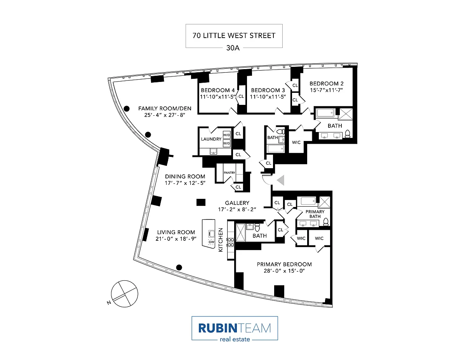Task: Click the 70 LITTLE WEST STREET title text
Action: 234,35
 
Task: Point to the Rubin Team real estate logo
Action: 235,329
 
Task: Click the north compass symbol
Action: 124,292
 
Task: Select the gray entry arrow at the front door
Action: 280,180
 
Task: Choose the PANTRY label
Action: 229,173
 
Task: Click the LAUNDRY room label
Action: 211,139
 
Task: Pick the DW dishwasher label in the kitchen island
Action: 212,242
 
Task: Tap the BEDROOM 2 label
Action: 326,83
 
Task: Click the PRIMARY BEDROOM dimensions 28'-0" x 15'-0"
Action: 284,271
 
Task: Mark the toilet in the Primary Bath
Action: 326,222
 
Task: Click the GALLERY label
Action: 237,203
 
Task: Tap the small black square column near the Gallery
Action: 201,202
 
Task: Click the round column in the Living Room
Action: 179,267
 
